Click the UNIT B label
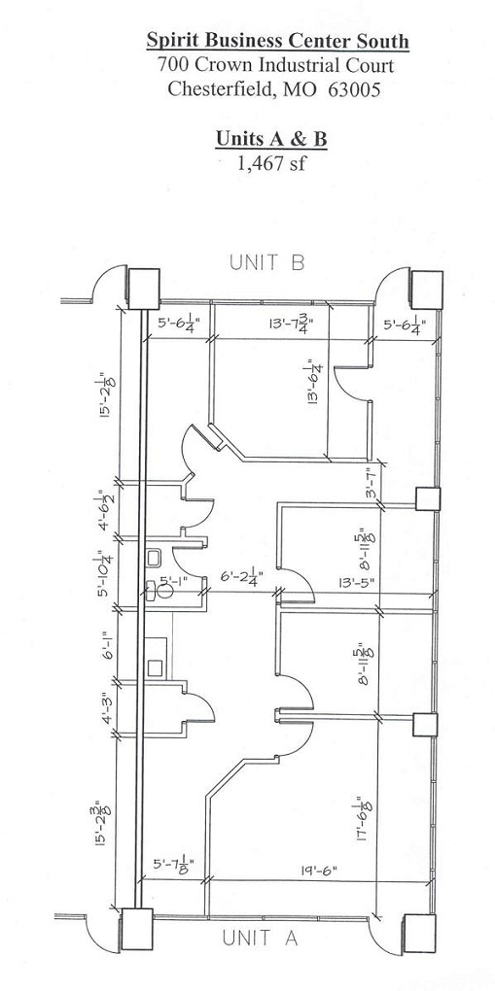coord(267,262)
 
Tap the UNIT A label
coord(260,938)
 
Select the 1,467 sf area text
coord(271,163)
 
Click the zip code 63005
coord(354,89)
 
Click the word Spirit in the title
coord(168,42)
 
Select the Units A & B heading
coord(271,138)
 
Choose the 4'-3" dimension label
coord(109,709)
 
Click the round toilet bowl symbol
coord(165,591)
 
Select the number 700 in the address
coord(171,65)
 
